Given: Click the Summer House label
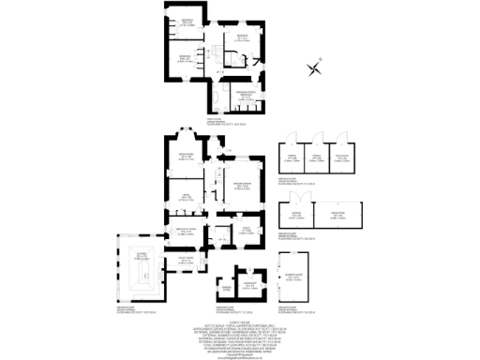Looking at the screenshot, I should point(293,277).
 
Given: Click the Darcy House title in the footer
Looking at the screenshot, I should point(240,317).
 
